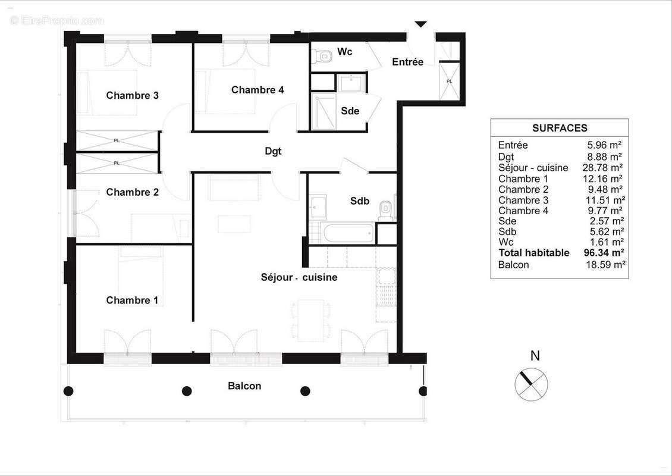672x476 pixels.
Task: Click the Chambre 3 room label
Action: [x=132, y=95]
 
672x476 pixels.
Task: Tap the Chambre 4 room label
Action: [x=258, y=90]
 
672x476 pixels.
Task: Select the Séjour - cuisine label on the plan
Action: [x=299, y=277]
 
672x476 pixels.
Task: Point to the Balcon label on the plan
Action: [x=244, y=386]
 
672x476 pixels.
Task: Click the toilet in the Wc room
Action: [x=324, y=57]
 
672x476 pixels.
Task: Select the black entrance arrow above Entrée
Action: [x=420, y=24]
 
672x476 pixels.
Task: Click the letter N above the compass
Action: [x=535, y=356]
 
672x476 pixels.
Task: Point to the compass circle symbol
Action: [x=530, y=383]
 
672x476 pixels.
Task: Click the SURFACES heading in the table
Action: [x=560, y=128]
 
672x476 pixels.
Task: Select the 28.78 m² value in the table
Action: [x=604, y=168]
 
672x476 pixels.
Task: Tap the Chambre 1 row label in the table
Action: [x=523, y=178]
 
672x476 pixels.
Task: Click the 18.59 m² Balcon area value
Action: [x=605, y=265]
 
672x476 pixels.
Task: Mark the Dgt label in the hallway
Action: [x=273, y=152]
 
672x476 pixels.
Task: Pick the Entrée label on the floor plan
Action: [x=407, y=62]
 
